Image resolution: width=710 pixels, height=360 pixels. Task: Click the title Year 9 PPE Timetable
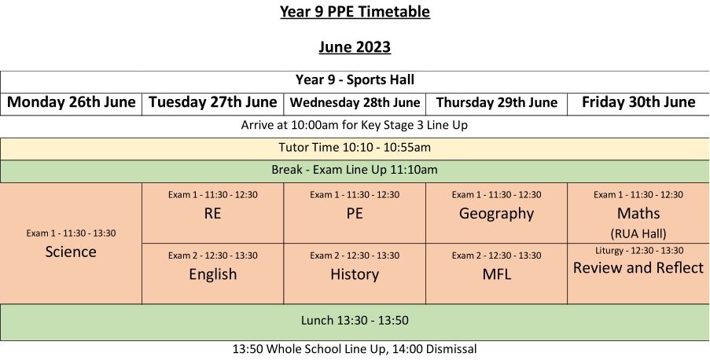(355, 11)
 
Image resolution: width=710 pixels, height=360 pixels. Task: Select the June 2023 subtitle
(355, 46)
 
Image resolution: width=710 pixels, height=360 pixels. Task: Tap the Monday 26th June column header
(71, 102)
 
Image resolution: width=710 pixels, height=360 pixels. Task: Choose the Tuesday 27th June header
(213, 102)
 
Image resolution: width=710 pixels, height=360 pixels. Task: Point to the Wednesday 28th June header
(355, 102)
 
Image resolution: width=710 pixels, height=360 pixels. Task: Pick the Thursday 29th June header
(497, 102)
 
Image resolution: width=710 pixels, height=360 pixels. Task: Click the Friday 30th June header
(638, 102)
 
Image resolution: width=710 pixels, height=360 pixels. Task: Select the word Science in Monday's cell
(71, 252)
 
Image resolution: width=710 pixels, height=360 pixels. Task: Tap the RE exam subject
(212, 213)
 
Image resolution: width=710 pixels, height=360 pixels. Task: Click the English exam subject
(213, 274)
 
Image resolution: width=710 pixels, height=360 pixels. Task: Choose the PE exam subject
(355, 213)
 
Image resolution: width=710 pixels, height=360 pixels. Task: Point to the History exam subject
(355, 274)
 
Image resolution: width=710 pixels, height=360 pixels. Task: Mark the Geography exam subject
(496, 214)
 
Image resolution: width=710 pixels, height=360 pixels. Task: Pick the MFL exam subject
(497, 274)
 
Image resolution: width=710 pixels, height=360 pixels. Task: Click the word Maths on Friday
(638, 213)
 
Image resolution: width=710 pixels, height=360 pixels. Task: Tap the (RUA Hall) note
(638, 233)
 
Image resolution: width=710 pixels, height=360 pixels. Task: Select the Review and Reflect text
(638, 267)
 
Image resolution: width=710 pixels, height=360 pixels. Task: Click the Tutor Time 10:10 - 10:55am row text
(355, 148)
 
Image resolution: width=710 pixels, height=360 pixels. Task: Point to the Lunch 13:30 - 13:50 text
(355, 321)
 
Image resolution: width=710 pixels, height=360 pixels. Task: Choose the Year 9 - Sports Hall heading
(355, 80)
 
